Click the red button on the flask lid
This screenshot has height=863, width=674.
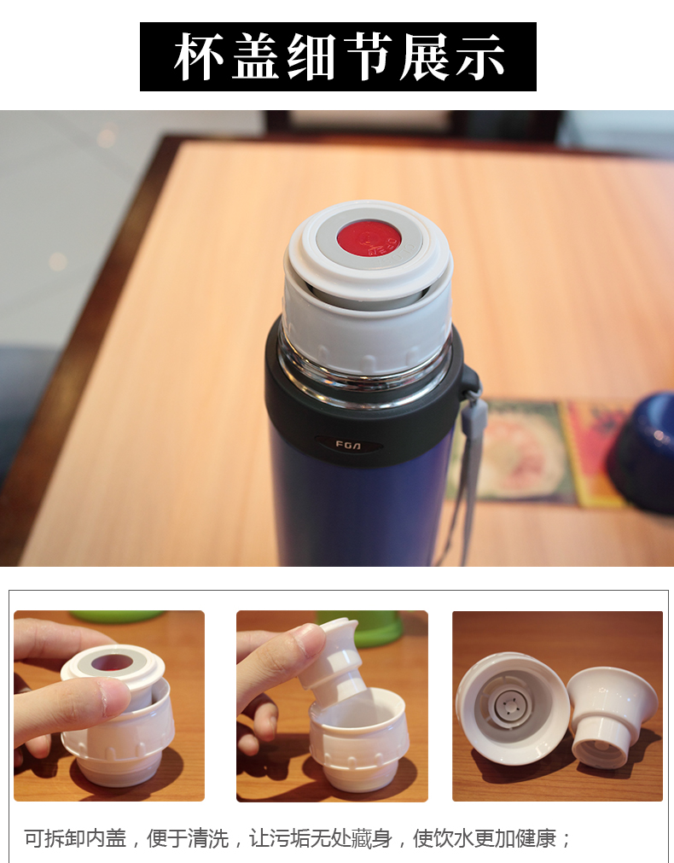coord(368,236)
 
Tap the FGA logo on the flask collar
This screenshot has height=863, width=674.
coord(349,444)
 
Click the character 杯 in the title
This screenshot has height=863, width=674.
coord(200,57)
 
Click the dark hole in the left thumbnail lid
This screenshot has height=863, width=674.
coord(112,662)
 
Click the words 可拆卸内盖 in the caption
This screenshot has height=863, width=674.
coord(75,838)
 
